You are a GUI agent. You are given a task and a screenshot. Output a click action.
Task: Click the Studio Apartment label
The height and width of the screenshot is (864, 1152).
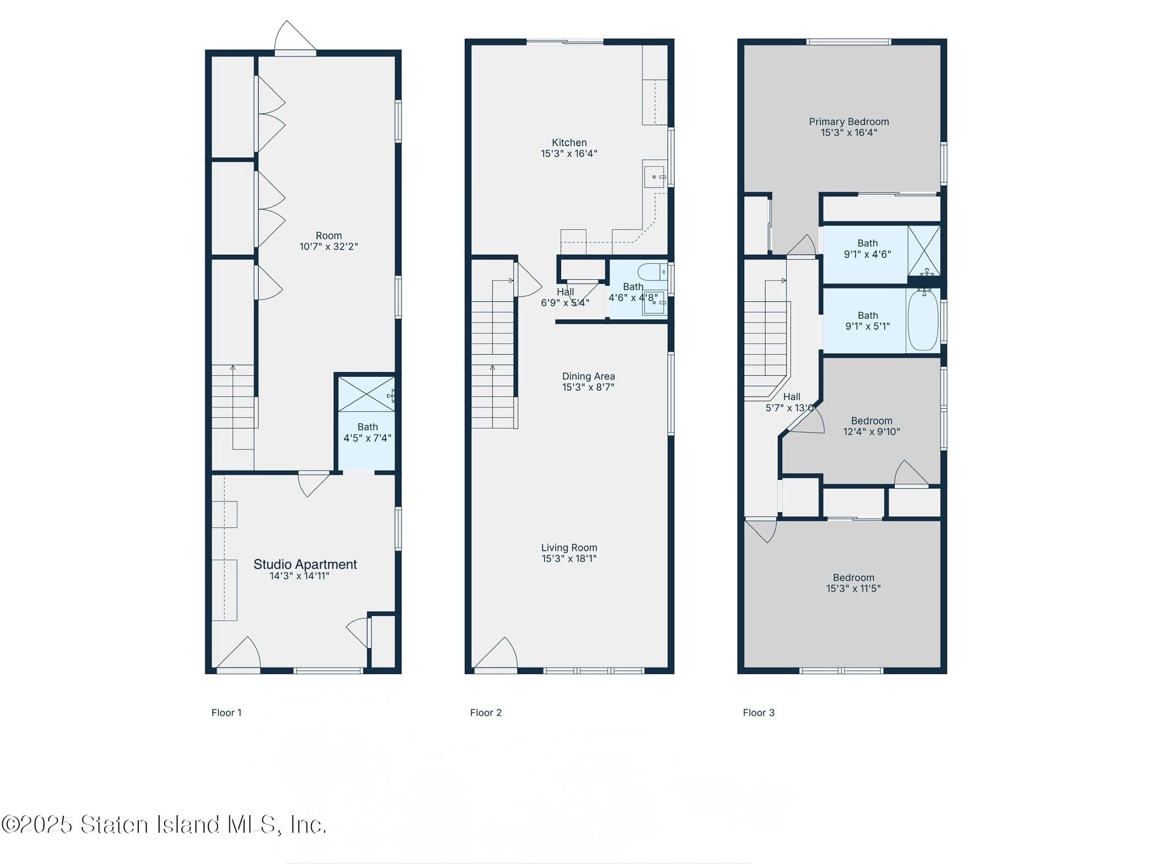point(305,564)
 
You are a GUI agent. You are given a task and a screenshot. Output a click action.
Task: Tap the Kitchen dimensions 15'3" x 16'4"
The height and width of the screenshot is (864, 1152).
point(569,154)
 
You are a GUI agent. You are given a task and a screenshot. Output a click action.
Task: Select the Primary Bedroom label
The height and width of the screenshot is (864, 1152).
point(849,122)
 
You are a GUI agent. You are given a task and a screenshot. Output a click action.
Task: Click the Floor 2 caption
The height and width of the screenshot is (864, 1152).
point(485,713)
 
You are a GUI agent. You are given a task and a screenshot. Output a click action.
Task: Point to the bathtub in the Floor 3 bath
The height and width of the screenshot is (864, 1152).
point(923,321)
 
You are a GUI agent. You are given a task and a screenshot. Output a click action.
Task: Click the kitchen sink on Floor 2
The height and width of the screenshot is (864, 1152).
point(654,177)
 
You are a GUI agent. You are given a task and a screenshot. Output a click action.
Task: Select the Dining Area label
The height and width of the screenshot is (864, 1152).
point(588,376)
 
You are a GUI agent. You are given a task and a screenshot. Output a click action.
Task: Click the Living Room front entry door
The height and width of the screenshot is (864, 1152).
point(495,656)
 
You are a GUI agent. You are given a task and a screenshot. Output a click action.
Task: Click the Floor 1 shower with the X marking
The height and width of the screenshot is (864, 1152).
point(366,393)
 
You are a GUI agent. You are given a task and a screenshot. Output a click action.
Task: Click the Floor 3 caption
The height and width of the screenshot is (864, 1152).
point(758,713)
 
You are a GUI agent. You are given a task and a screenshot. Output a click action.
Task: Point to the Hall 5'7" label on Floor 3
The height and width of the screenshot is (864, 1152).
point(791,397)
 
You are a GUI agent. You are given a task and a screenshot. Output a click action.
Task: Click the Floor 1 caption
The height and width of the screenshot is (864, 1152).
point(226,713)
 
